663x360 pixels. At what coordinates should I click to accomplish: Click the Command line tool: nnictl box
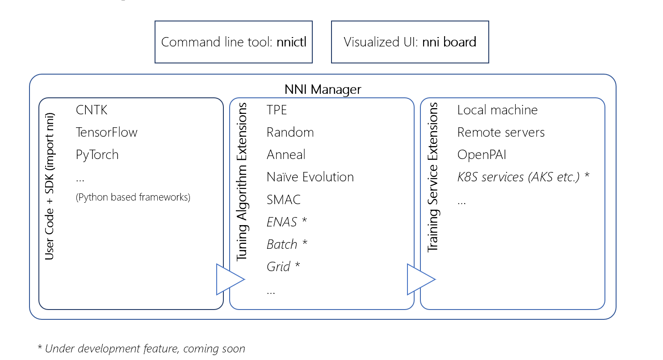pos(233,42)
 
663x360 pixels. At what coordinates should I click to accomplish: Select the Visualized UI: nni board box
pos(410,42)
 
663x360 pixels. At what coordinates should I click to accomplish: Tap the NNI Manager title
pos(323,89)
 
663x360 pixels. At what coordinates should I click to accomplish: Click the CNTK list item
pos(92,110)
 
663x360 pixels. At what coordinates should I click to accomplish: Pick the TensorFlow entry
pos(106,132)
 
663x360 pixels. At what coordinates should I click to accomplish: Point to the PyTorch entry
pos(97,155)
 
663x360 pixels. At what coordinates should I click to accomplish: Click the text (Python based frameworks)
pos(133,197)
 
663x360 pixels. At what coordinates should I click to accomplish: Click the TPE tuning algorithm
pos(277,110)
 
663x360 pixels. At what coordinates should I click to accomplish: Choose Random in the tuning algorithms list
pos(290,132)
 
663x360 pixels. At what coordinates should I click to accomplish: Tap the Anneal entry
pos(286,155)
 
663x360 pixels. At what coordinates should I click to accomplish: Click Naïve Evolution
pos(310,177)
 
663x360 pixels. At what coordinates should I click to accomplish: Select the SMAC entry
pos(283,199)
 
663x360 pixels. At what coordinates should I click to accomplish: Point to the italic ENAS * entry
pos(287,222)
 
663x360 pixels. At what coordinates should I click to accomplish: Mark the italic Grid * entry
pos(283,267)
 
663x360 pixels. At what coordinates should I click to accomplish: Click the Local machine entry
pos(497,110)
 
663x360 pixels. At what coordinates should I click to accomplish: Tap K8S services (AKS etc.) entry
pos(523,177)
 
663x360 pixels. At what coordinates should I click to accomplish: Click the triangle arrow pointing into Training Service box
pos(419,280)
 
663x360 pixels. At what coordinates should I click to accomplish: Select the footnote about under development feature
pos(141,348)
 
